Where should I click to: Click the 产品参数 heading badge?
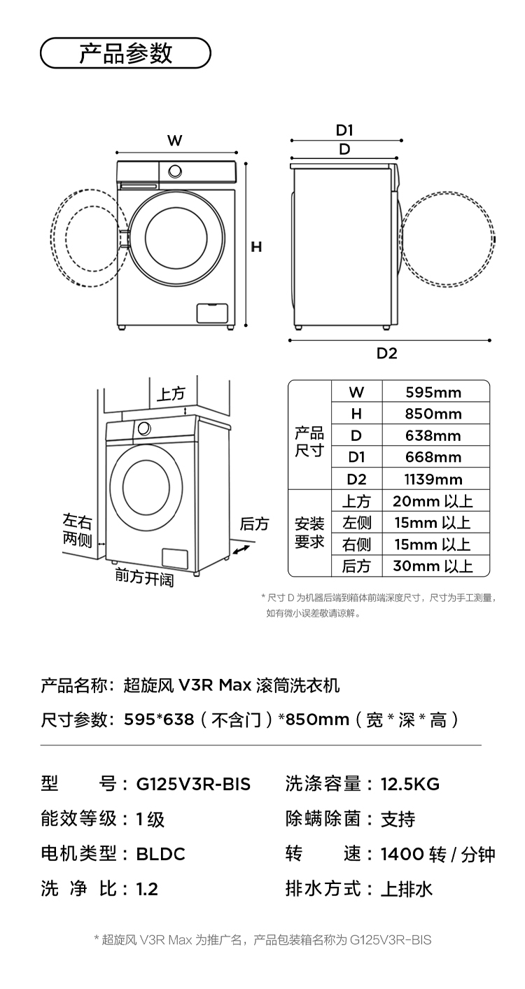pyautogui.click(x=125, y=53)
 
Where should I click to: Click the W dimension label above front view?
pyautogui.click(x=174, y=141)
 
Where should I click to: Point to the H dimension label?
pyautogui.click(x=257, y=247)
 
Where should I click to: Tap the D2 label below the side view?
pyautogui.click(x=387, y=353)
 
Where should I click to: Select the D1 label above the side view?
pyautogui.click(x=344, y=130)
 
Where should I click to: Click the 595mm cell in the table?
pyautogui.click(x=433, y=392)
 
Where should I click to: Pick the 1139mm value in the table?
pyautogui.click(x=433, y=479)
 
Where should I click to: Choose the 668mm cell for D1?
pyautogui.click(x=433, y=458)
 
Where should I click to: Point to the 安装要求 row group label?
pyautogui.click(x=309, y=533)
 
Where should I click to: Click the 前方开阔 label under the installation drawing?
pyautogui.click(x=144, y=577)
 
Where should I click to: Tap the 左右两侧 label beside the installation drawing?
pyautogui.click(x=77, y=530)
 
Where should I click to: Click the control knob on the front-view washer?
pyautogui.click(x=175, y=171)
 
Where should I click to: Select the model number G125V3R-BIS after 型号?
pyautogui.click(x=193, y=784)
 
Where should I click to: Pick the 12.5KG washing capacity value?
pyautogui.click(x=409, y=784)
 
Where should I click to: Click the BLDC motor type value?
pyautogui.click(x=160, y=854)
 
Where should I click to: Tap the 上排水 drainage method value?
pyautogui.click(x=406, y=889)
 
